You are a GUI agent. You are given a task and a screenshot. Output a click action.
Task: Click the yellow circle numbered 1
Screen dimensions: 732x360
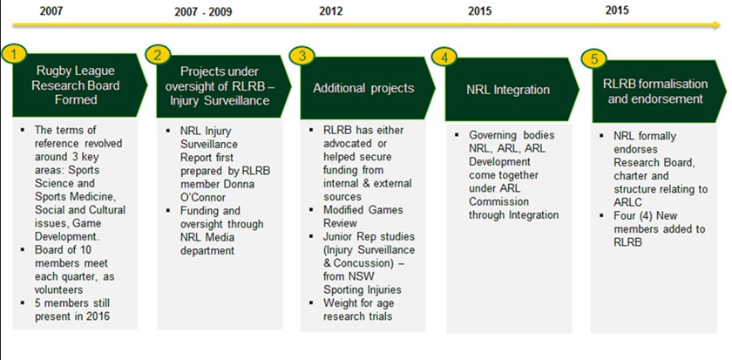coord(15,55)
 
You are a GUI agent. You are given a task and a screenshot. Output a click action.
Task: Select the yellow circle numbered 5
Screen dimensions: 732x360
coord(593,58)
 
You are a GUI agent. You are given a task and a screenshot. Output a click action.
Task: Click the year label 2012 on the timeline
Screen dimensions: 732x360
coord(331,11)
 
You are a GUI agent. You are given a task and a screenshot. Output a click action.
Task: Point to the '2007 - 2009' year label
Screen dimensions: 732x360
coord(202,12)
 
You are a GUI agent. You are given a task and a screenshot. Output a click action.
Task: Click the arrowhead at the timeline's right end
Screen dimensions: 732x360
coord(717,24)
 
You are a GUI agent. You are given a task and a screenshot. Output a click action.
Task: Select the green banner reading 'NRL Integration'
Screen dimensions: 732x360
coord(512,90)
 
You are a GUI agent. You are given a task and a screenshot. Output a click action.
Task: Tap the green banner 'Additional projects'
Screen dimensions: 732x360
coord(368,89)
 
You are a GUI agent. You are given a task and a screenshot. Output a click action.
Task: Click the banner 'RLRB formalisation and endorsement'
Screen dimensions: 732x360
coord(659,92)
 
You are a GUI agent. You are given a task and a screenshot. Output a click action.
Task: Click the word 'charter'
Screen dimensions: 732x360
coord(630,176)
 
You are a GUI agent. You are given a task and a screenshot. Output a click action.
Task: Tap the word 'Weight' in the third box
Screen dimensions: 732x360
coord(339,302)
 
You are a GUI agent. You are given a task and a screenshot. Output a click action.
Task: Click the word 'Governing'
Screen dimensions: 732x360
coord(491,136)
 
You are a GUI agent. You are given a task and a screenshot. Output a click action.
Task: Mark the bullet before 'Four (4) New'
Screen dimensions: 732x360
coord(603,216)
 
